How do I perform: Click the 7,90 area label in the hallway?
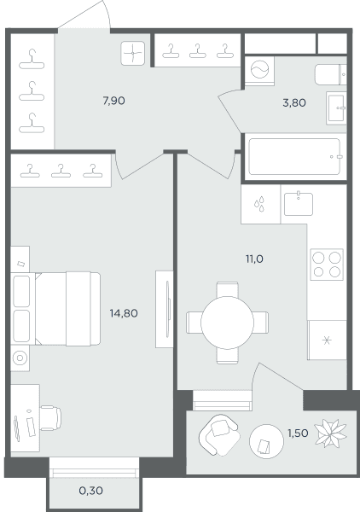click(114, 101)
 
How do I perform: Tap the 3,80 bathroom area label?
click(294, 103)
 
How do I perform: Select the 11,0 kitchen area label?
click(254, 259)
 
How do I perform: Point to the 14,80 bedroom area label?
click(124, 313)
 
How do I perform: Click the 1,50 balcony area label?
click(298, 433)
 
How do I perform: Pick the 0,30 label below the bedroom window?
click(91, 491)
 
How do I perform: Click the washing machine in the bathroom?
click(260, 70)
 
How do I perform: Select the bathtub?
click(295, 157)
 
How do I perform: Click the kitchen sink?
click(299, 204)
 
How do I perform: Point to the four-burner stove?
click(327, 265)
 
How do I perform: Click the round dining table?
click(227, 323)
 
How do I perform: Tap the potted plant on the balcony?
click(330, 433)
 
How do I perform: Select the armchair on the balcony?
click(219, 434)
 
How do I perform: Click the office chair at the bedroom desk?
click(50, 418)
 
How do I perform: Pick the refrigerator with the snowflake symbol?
click(327, 340)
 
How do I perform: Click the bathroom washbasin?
click(336, 108)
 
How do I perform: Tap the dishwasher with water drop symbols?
click(260, 204)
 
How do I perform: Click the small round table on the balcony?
click(266, 441)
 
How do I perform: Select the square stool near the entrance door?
click(133, 53)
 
